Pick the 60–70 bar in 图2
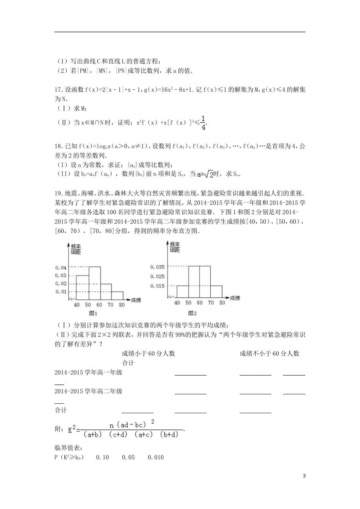pos(205,283)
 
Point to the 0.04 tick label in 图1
pos(61,268)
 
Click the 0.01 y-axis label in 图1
pos(61,292)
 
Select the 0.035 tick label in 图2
pos(157,267)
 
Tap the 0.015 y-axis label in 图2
pos(157,286)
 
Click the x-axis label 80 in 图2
pos(222,303)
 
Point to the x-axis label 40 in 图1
pos(77,305)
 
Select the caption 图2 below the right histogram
pos(193,313)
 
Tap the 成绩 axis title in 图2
pos(235,298)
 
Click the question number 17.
pos(58,90)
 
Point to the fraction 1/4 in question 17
pos(203,123)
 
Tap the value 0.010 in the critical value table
pos(156,457)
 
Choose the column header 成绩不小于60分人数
pos(269,353)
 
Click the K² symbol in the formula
pos(72,430)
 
